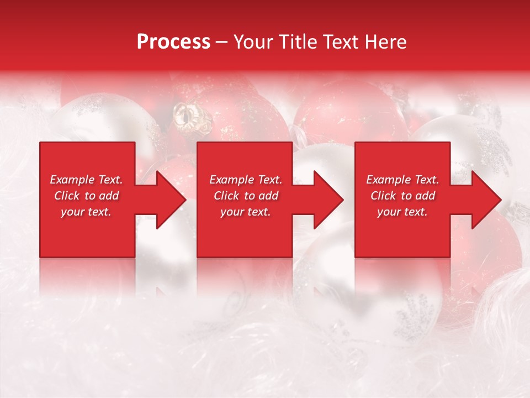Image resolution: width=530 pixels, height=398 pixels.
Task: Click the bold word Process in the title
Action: click(x=173, y=42)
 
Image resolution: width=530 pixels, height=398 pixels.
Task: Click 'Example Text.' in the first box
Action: click(x=86, y=180)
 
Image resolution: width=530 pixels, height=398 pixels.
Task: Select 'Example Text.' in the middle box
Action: click(x=246, y=180)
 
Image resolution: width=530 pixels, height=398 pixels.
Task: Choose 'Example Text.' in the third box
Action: click(x=402, y=180)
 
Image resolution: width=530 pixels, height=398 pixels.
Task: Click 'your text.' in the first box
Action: click(x=86, y=212)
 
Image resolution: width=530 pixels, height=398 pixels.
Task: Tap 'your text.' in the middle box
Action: click(x=246, y=212)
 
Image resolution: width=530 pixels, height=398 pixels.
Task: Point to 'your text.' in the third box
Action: click(x=402, y=212)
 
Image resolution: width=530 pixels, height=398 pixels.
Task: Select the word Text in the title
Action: click(x=339, y=42)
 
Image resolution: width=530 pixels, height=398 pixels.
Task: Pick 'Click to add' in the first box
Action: click(x=86, y=196)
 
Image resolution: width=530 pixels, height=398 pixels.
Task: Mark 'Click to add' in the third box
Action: click(x=402, y=196)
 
